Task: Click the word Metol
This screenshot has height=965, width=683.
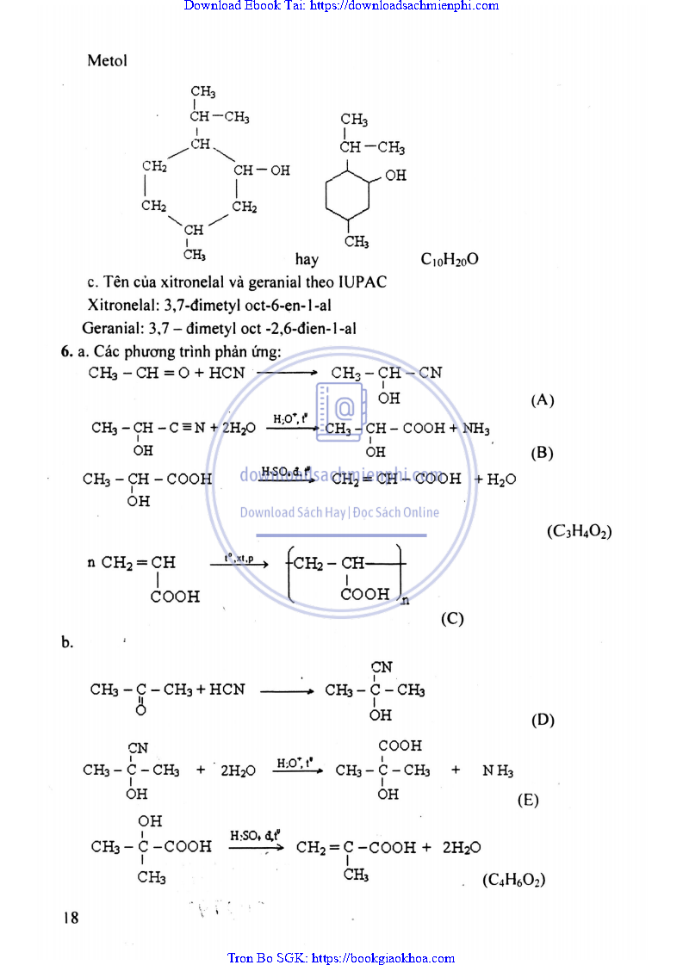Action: [x=107, y=61]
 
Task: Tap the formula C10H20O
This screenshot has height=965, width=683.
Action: [x=449, y=259]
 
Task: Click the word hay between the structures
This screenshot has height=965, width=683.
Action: [x=307, y=259]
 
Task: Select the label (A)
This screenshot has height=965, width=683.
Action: [x=543, y=399]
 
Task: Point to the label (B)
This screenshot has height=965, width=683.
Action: [x=543, y=453]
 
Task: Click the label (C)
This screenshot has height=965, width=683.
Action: [x=452, y=618]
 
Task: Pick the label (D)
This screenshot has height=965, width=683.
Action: [x=543, y=721]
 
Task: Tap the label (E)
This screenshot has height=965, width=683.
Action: [x=528, y=800]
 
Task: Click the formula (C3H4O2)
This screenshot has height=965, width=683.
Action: [x=579, y=532]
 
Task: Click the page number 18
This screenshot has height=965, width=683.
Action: [x=70, y=918]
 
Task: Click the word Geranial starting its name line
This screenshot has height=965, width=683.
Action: [x=111, y=327]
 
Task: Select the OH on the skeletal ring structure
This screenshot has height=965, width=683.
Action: [x=395, y=176]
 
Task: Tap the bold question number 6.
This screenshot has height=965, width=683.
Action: [x=65, y=350]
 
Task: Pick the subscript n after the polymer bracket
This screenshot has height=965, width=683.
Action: [x=405, y=601]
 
